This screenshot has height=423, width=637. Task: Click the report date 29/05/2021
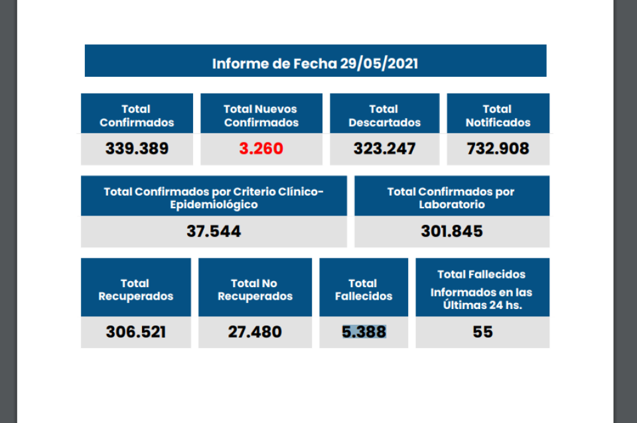[379, 64]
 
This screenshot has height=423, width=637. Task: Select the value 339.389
[137, 149]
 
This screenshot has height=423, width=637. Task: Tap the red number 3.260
[261, 149]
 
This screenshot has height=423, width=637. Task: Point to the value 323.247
[384, 149]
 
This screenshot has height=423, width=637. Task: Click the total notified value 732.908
[498, 149]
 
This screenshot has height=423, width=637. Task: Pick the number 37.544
[213, 231]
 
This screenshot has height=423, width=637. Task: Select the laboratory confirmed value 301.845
[451, 231]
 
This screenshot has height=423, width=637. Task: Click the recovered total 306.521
[135, 332]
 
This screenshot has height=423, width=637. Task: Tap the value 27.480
[255, 332]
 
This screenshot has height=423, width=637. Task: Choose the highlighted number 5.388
[364, 332]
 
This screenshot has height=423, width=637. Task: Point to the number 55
[482, 332]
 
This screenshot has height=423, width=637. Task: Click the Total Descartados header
[384, 115]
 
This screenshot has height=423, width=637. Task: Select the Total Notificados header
[498, 115]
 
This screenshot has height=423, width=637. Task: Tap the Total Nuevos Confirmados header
[261, 115]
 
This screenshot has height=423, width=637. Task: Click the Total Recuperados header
[135, 290]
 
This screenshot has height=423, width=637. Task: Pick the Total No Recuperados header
[255, 290]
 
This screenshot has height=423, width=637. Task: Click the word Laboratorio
[451, 205]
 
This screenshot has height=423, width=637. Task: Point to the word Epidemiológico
[213, 205]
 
